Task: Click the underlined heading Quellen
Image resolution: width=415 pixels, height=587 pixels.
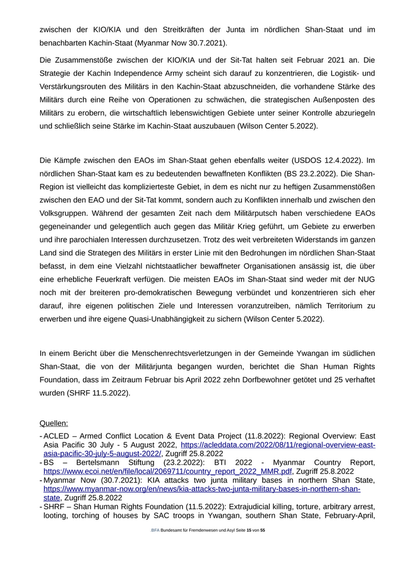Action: point(53,423)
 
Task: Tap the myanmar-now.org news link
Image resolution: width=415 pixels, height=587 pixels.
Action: point(202,489)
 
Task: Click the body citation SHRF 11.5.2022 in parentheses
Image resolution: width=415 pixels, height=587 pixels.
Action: point(102,393)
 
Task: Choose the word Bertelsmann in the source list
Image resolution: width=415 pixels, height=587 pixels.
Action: point(90,462)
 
